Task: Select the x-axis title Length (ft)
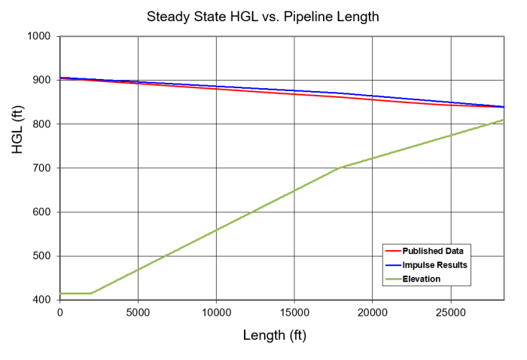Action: pyautogui.click(x=275, y=334)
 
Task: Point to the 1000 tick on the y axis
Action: pyautogui.click(x=38, y=36)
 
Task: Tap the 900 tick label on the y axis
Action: pyautogui.click(x=41, y=80)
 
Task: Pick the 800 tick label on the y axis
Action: pyautogui.click(x=41, y=124)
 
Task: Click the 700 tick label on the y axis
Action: pyautogui.click(x=41, y=168)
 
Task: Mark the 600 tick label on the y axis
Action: pyautogui.click(x=41, y=212)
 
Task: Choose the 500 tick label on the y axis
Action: pyautogui.click(x=41, y=256)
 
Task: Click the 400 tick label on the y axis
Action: pyautogui.click(x=41, y=300)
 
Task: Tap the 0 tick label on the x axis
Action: pyautogui.click(x=59, y=312)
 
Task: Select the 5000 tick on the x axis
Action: pyautogui.click(x=138, y=312)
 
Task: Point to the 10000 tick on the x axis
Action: pyautogui.click(x=216, y=312)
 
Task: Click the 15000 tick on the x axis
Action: pyautogui.click(x=294, y=312)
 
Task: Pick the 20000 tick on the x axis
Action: pyautogui.click(x=373, y=312)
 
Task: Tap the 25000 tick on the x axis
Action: pyautogui.click(x=450, y=312)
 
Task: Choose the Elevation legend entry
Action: pyautogui.click(x=422, y=279)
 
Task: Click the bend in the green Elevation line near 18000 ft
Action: pyautogui.click(x=342, y=167)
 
